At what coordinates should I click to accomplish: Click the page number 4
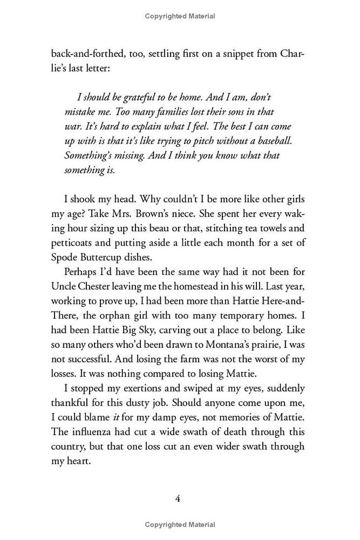point(177,498)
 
